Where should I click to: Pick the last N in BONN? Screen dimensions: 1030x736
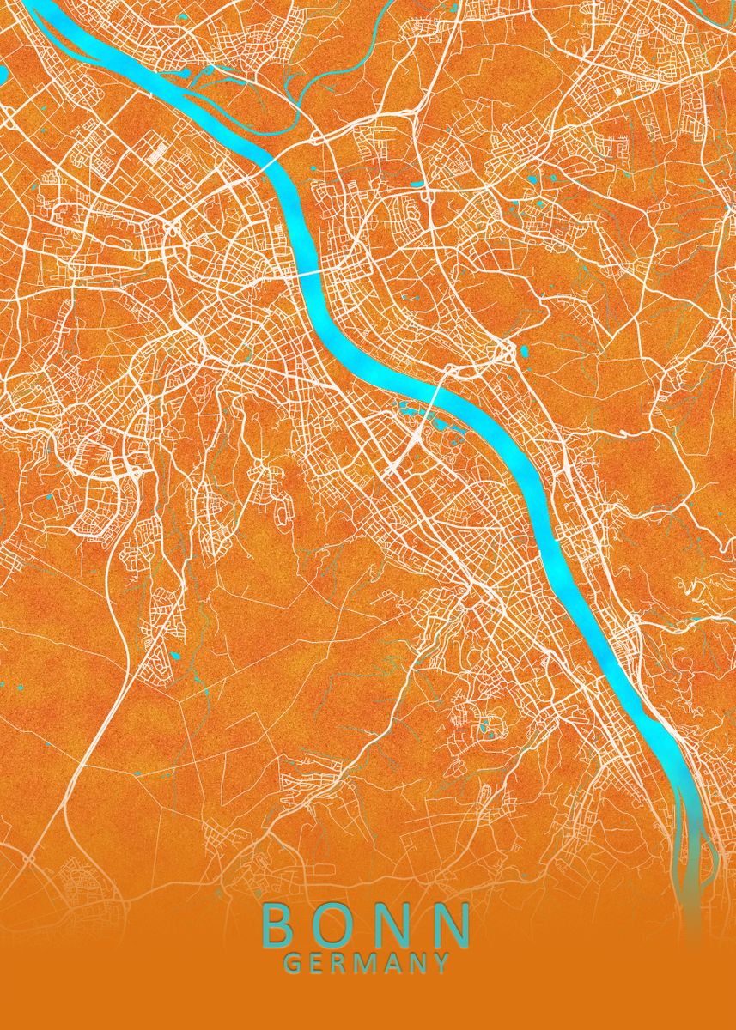pos(453,924)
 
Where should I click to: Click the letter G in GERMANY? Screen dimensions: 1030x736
pos(292,964)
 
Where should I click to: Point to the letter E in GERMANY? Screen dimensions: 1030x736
pos(316,964)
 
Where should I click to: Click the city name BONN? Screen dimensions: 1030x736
pos(366,924)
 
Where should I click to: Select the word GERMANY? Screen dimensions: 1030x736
pos(367,964)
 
